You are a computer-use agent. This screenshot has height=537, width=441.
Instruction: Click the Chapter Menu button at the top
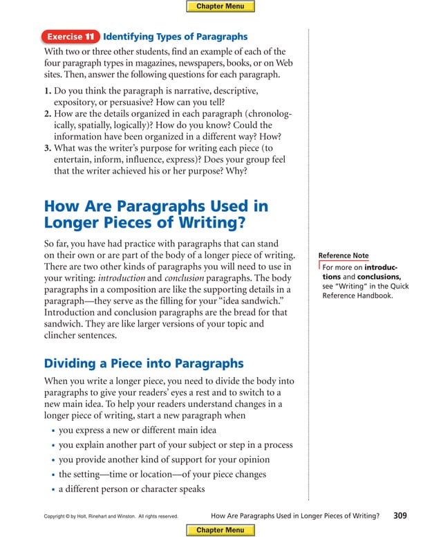coord(220,6)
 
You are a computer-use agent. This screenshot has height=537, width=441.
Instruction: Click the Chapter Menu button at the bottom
coord(220,530)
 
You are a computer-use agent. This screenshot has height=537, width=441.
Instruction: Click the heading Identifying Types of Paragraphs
coord(175,37)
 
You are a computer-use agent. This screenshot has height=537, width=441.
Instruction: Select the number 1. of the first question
coord(48,91)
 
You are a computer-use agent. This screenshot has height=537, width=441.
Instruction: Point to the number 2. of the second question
coord(48,113)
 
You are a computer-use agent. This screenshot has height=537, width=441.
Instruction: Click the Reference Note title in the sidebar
coord(343,256)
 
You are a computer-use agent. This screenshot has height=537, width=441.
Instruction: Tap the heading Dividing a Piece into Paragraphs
coord(143,363)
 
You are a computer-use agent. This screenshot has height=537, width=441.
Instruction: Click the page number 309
coord(400,515)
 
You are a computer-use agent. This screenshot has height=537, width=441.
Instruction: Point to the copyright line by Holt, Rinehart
coord(111,516)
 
